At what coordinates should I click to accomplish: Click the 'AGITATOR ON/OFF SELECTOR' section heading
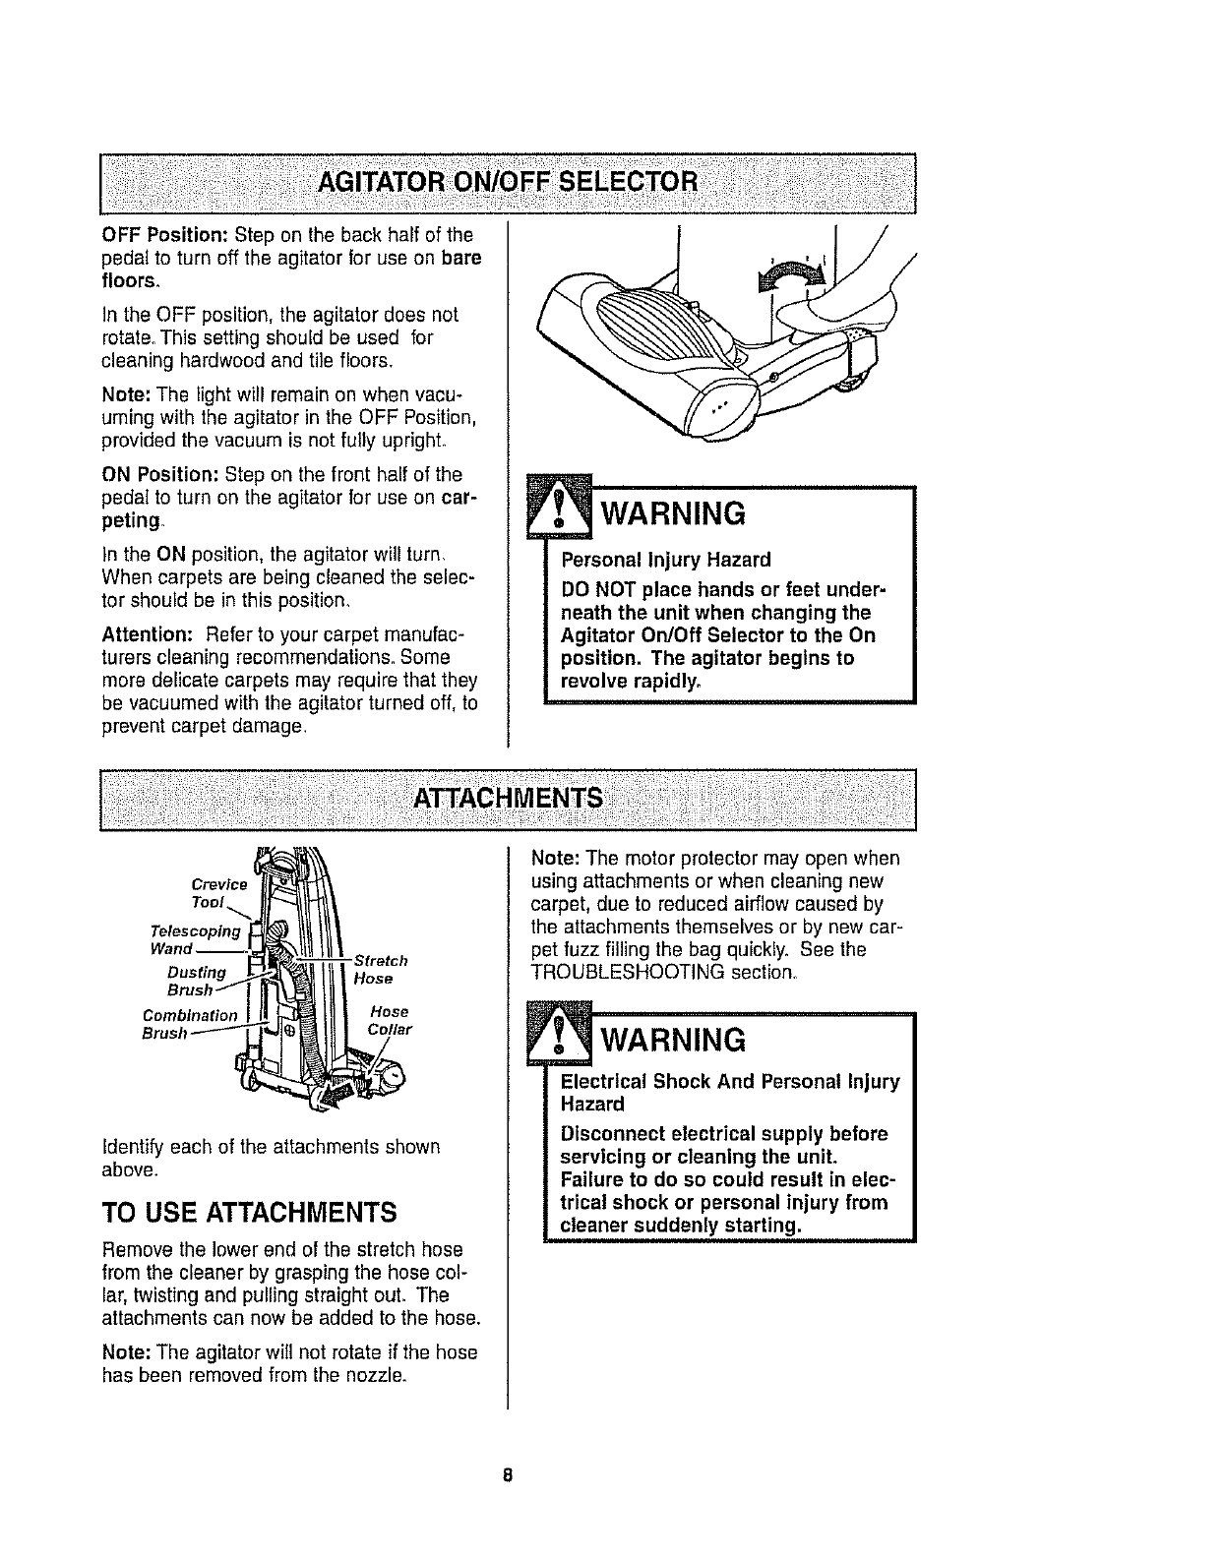click(509, 183)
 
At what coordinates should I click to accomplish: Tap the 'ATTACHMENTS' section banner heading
click(509, 797)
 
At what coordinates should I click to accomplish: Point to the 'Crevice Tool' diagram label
click(219, 893)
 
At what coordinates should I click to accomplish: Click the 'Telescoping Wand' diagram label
click(195, 940)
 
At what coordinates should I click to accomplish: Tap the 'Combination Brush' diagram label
click(190, 1023)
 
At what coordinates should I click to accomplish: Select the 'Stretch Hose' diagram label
click(380, 969)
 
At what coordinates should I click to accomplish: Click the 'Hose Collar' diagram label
click(389, 1021)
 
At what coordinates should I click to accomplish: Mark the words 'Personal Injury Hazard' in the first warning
click(665, 560)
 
